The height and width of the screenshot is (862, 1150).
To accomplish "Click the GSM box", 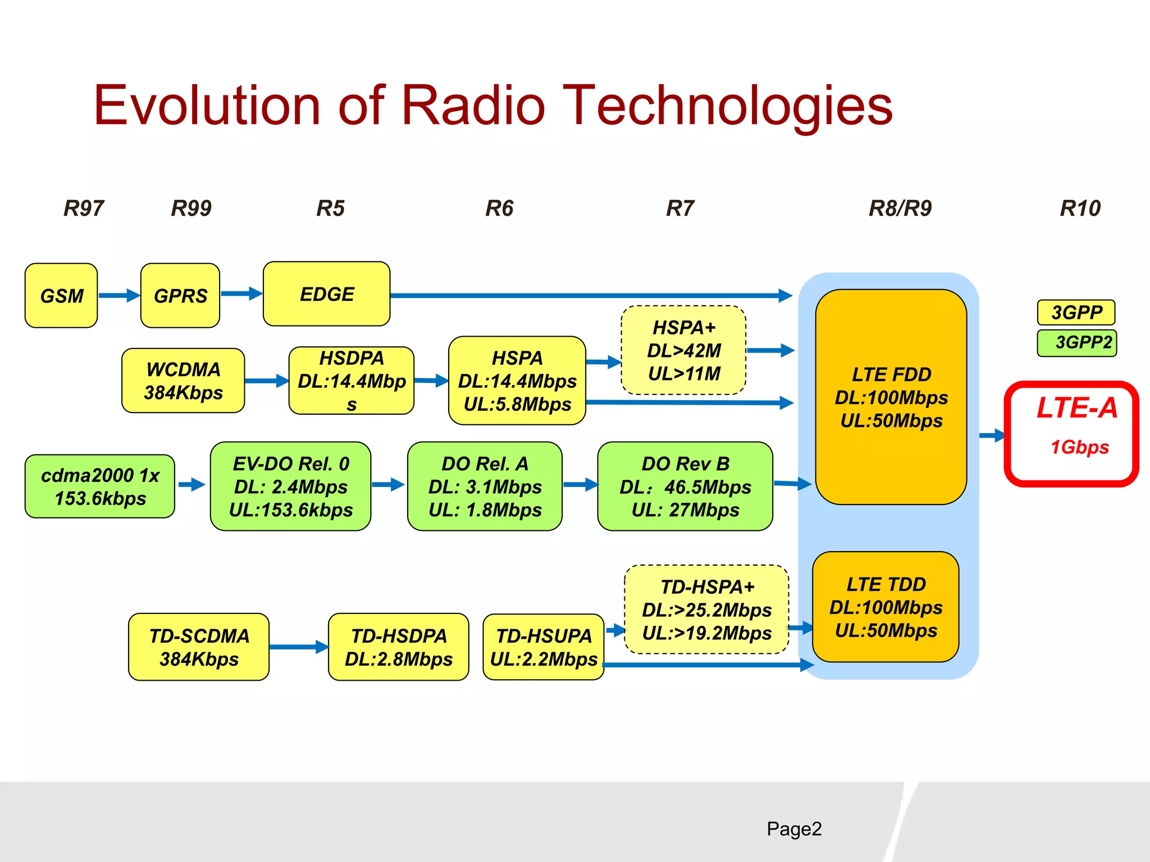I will coord(61,296).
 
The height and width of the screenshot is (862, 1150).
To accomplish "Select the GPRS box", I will coord(180,296).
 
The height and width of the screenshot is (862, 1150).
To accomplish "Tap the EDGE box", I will coord(327,294).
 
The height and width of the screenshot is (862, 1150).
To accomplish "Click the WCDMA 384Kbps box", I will coord(183,381).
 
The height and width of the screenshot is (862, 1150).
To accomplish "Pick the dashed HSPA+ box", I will coord(683,350).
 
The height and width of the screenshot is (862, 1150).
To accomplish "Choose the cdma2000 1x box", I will coord(100,487).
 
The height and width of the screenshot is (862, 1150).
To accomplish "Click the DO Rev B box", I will coord(685,487).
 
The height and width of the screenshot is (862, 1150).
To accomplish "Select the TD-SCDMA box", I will coord(199,647).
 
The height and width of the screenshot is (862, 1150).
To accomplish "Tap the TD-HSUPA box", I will coord(543,647).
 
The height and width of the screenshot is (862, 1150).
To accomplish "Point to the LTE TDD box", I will coord(886,607).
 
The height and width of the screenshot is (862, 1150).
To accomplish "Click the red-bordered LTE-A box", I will coord(1071,433).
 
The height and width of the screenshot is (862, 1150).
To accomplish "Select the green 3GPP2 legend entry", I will coord(1077,343).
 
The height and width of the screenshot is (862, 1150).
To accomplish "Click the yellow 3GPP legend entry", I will coord(1076,313).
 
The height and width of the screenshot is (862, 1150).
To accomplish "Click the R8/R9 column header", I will coord(900,208).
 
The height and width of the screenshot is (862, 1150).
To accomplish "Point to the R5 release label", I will coord(330,208).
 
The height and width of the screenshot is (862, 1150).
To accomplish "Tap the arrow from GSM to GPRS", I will coord(119,295).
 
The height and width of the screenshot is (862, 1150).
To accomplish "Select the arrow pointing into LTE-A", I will coord(992,435).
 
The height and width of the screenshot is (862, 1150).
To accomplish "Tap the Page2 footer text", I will coord(794,829).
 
